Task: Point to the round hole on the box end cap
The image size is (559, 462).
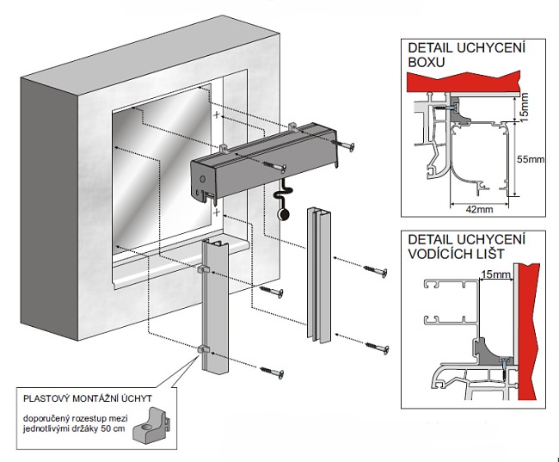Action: click(202, 178)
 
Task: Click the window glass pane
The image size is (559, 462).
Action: click(159, 172)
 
